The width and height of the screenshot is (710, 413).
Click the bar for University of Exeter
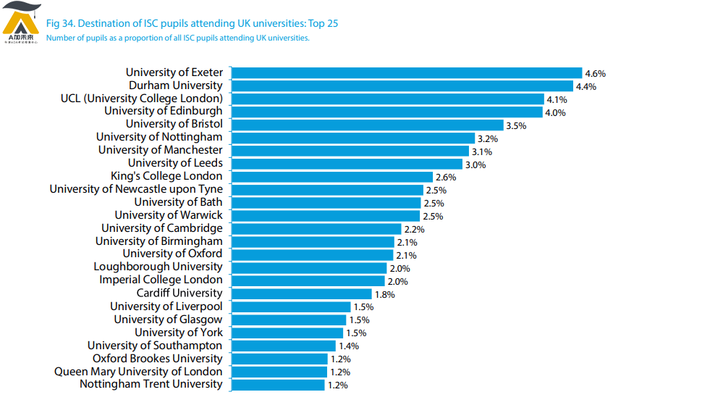pos(407,72)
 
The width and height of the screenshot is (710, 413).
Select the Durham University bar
pos(402,85)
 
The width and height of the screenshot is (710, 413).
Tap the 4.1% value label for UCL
pos(557,99)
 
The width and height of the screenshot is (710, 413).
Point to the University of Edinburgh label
pos(164,111)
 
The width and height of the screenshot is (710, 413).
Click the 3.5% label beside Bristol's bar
pos(516,125)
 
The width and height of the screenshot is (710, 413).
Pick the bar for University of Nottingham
pos(353,138)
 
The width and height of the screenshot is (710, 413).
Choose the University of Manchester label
pos(161,150)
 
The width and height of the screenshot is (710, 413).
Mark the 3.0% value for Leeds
pos(476,164)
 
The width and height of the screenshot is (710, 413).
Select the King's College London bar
pos(332,177)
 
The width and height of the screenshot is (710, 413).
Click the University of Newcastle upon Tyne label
pos(136,189)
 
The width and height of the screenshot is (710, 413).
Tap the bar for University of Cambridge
pos(316,229)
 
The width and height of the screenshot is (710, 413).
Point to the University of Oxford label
pos(172,254)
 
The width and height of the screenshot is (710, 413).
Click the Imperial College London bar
pos(308,280)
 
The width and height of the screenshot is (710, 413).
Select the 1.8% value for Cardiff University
pos(384,295)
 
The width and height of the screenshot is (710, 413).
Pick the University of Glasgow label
pos(168,319)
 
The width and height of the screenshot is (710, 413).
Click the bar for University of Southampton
pos(284,346)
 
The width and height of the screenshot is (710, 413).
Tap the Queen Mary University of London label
pos(138,372)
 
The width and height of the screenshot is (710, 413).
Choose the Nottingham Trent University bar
pos(278,385)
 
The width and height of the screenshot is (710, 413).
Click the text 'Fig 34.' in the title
pos(60,23)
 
